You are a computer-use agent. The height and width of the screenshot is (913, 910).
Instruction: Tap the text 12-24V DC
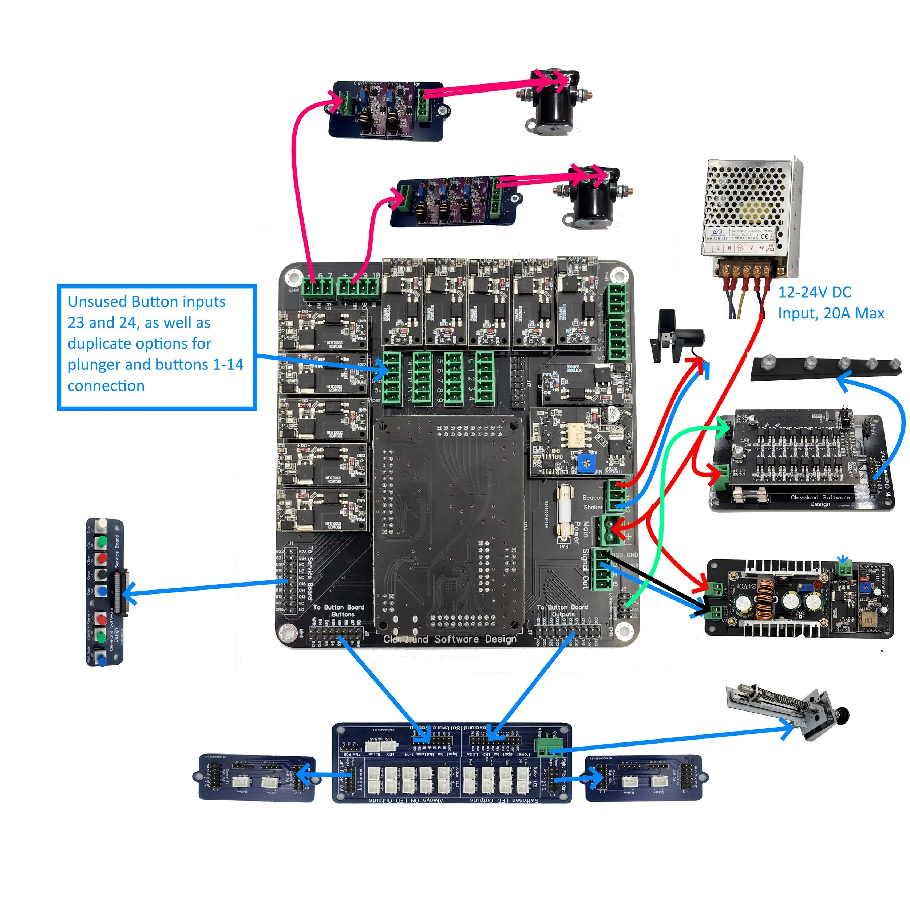pyautogui.click(x=814, y=293)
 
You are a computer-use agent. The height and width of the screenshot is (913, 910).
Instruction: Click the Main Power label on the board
pyautogui.click(x=581, y=533)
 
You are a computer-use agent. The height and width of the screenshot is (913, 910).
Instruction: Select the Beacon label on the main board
pyautogui.click(x=592, y=498)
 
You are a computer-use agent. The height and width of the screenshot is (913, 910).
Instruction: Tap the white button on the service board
pyautogui.click(x=100, y=525)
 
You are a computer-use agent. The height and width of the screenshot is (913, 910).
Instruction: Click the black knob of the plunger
pyautogui.click(x=843, y=714)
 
